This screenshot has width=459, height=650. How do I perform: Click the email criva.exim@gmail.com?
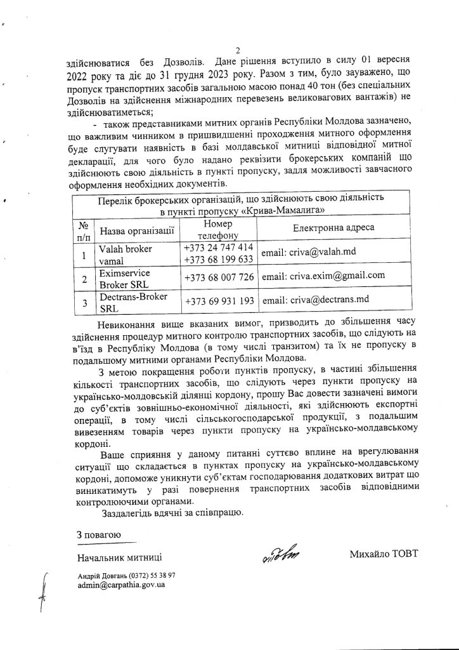coord(323,276)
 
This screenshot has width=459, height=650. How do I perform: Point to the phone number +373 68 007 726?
coord(219,277)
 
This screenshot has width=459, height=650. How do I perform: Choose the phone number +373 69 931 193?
coord(219,300)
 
